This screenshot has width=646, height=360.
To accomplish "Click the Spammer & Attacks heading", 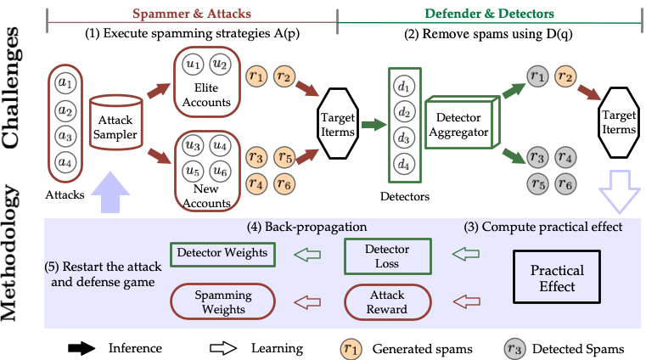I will (x=192, y=14).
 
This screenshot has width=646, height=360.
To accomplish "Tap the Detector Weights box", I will (x=222, y=253).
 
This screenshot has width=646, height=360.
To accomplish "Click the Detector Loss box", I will (x=387, y=256).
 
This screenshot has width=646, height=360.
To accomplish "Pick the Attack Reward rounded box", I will (x=387, y=301).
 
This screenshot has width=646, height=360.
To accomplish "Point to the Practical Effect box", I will (x=557, y=278).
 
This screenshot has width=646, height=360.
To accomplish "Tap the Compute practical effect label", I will (x=542, y=228).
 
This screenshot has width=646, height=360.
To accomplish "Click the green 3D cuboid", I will (x=459, y=124).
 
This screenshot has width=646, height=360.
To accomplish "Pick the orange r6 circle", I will (x=284, y=183).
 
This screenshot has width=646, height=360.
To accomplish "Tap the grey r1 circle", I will (x=536, y=76).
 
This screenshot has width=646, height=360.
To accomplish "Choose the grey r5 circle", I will (x=536, y=183).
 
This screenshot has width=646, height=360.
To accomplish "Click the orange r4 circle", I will (x=256, y=183).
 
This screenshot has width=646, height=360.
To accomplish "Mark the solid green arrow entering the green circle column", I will (x=373, y=125).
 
